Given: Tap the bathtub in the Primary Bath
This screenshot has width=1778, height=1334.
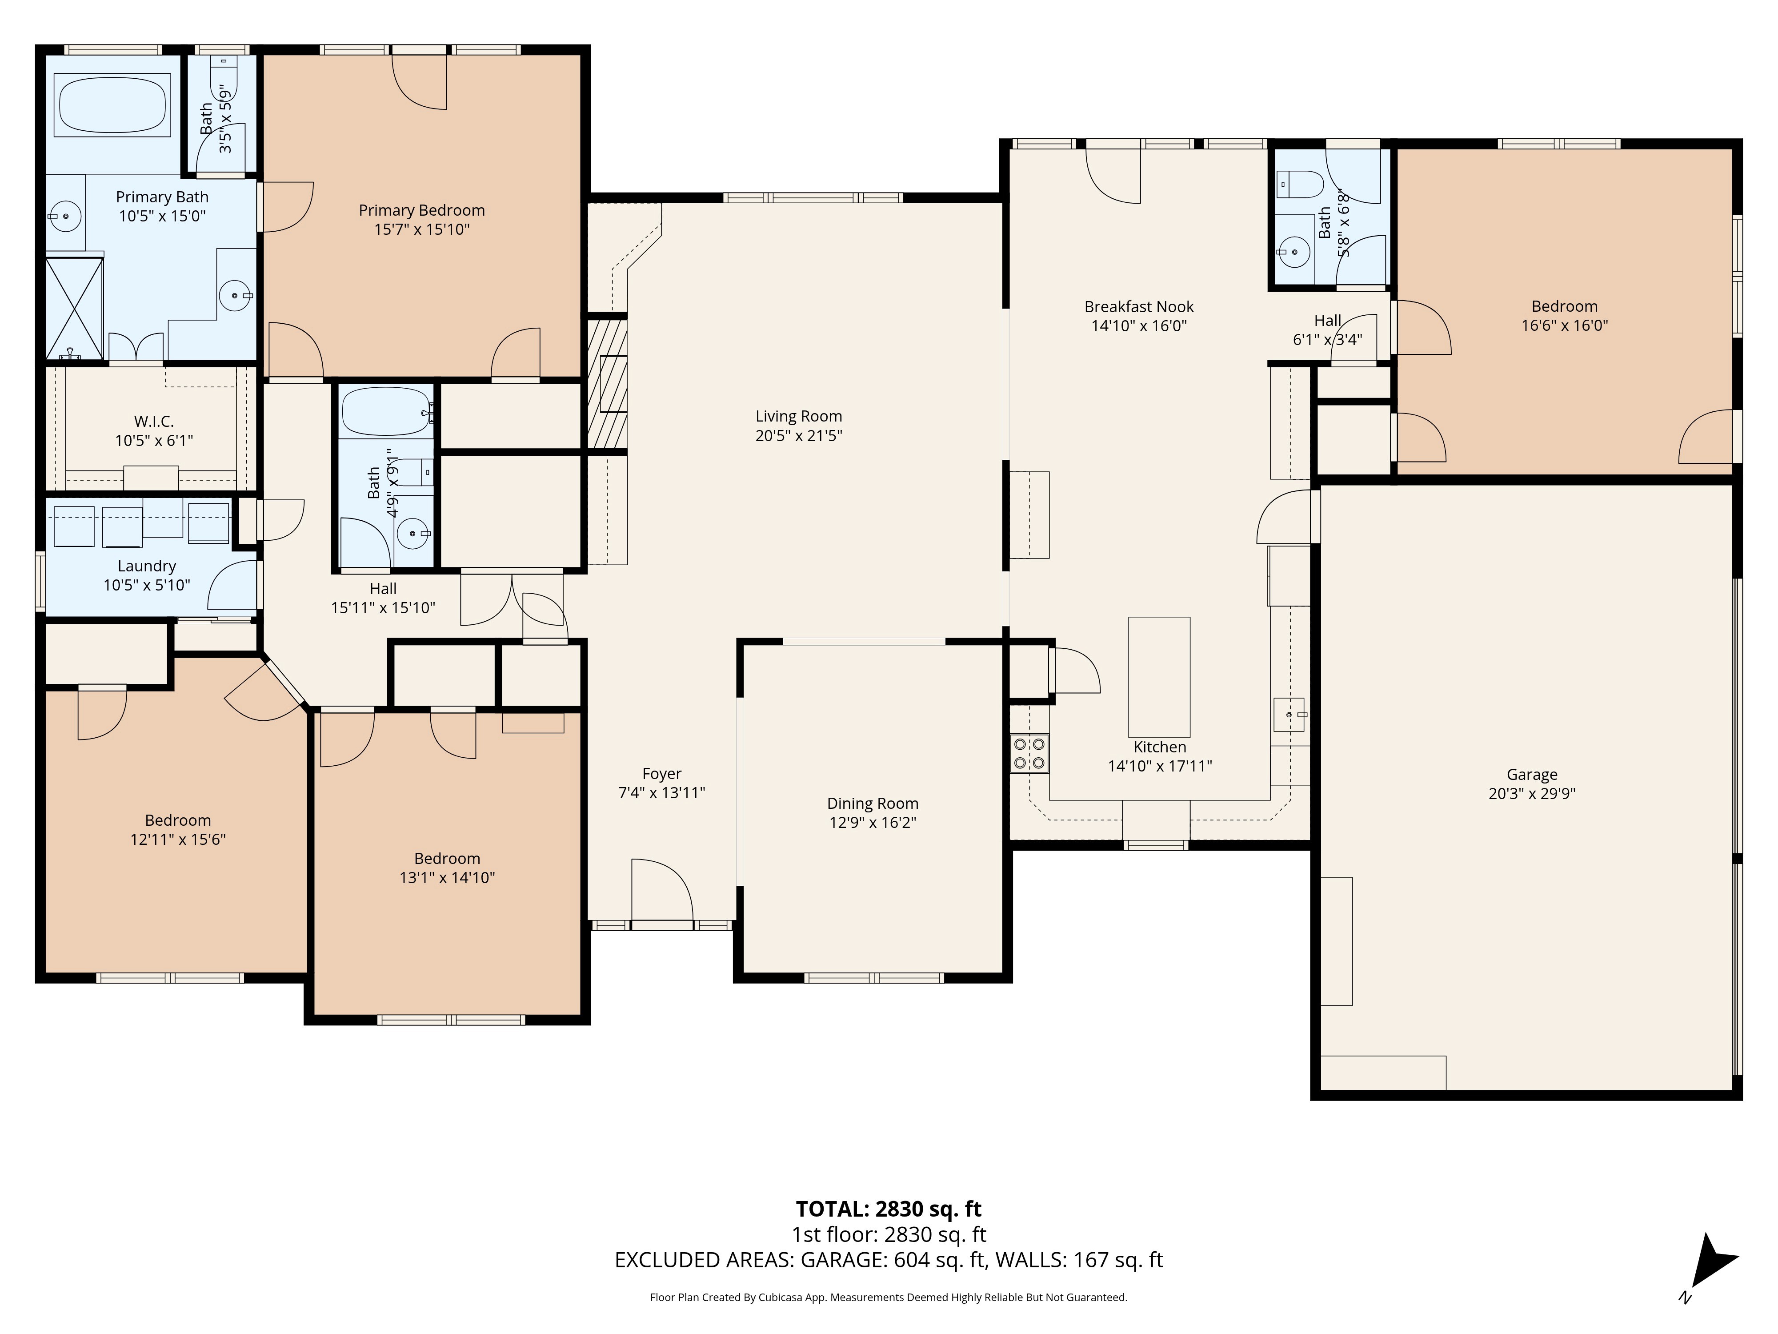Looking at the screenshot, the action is click(x=112, y=104).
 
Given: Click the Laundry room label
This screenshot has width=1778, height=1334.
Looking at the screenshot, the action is click(x=146, y=566).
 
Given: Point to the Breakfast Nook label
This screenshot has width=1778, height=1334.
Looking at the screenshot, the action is click(x=1139, y=306).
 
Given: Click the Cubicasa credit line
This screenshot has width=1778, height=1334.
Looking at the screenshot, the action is click(x=888, y=1297).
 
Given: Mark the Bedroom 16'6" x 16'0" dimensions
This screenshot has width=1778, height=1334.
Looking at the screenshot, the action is click(x=1564, y=325).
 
